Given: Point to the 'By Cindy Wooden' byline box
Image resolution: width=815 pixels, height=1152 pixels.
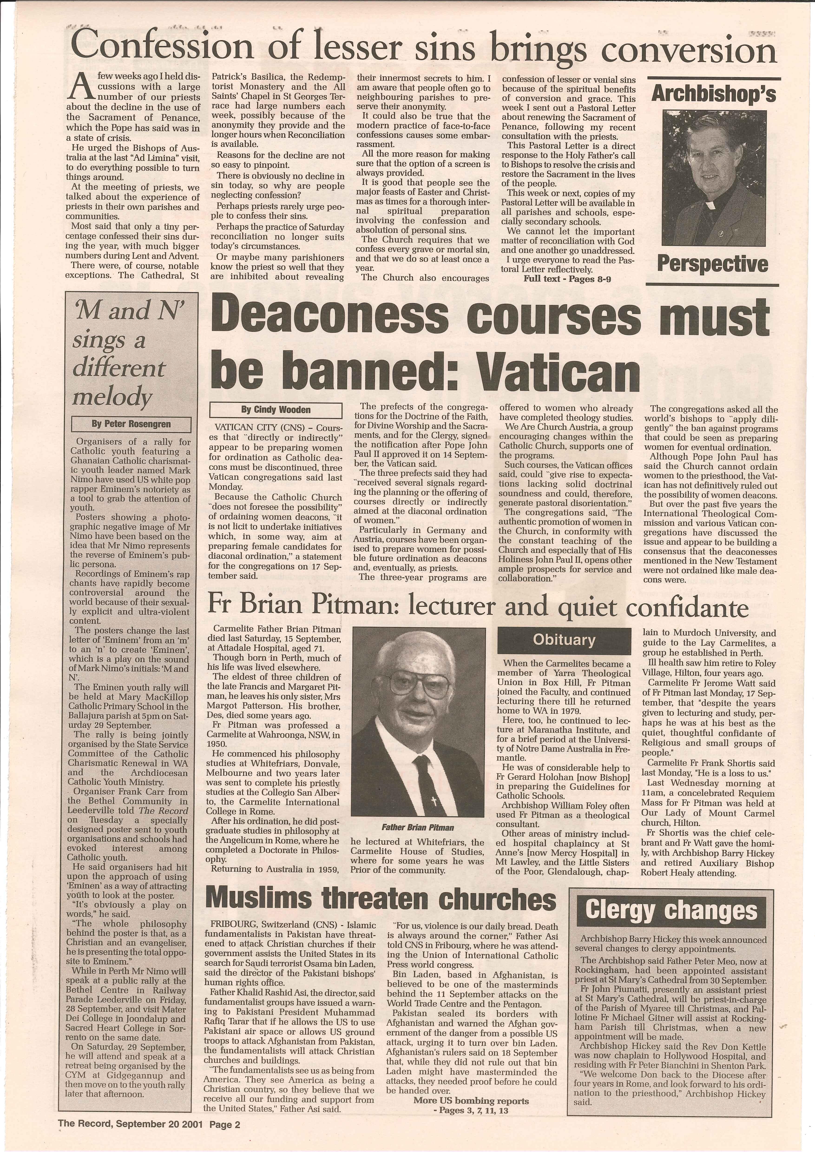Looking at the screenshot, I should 276,410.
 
